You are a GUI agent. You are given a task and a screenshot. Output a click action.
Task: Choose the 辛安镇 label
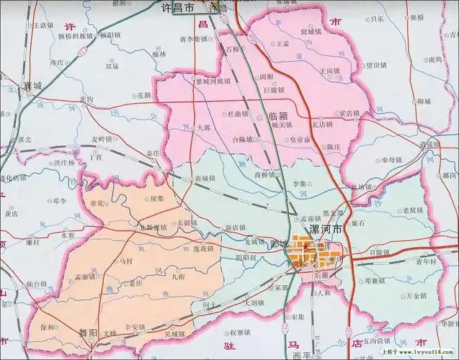(136, 326)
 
